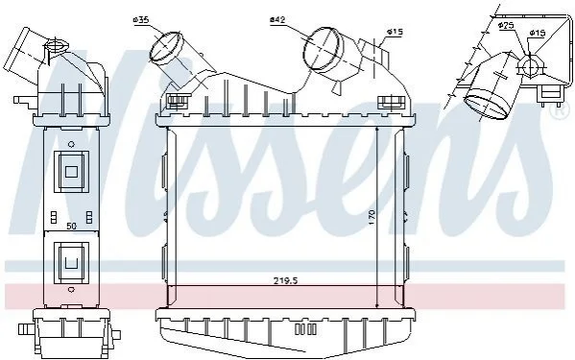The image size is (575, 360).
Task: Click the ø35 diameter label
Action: pyautogui.click(x=141, y=20)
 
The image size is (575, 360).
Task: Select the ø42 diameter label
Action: pyautogui.click(x=277, y=20)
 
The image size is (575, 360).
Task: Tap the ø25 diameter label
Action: pyautogui.click(x=506, y=25)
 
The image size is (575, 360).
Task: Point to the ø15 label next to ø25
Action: pyautogui.click(x=538, y=33)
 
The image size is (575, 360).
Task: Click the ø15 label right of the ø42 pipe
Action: pyautogui.click(x=395, y=33)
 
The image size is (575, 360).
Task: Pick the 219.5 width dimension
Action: pyautogui.click(x=285, y=281)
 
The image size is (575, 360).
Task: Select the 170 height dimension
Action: pyautogui.click(x=371, y=217)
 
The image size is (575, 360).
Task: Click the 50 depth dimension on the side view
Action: pyautogui.click(x=71, y=227)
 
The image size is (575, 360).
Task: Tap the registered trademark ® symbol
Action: pyautogui.click(x=560, y=111)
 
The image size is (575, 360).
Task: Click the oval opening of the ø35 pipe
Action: pyautogui.click(x=165, y=46)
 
